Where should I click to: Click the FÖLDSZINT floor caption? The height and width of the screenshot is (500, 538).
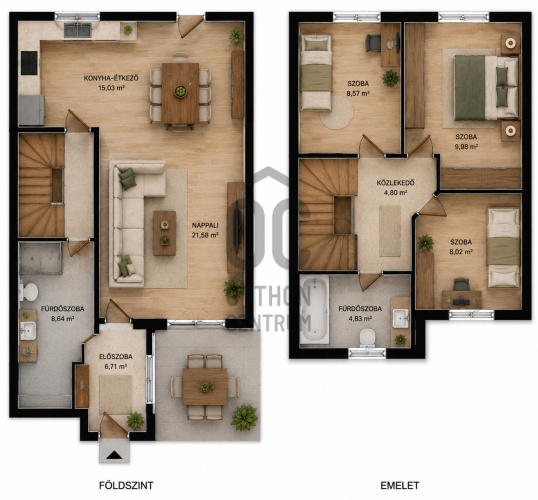[x=126, y=486]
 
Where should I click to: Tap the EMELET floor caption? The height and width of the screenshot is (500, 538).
[x=400, y=486]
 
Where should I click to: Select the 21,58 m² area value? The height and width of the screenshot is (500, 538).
[x=205, y=235]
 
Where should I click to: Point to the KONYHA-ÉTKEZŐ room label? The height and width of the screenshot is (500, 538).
[x=111, y=78]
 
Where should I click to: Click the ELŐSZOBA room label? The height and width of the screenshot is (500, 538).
[x=116, y=357]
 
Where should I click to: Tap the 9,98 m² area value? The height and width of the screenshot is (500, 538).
[x=466, y=147]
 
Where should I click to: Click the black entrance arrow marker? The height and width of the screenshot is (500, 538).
[x=114, y=455]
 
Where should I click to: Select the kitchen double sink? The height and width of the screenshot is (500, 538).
[x=78, y=30]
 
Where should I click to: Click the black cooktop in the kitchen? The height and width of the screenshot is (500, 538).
[x=29, y=63]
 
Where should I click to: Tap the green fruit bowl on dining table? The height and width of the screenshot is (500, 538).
[x=180, y=91]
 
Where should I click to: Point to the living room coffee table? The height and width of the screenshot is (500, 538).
[x=165, y=233]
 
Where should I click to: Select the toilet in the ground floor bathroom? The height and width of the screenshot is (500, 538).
[x=28, y=292]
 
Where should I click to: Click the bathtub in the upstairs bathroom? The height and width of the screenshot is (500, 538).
[x=314, y=310]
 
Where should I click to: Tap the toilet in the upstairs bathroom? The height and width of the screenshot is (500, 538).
[x=367, y=338]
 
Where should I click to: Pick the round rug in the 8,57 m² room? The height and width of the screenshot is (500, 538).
[x=338, y=113]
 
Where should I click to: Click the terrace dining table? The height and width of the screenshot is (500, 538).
[x=205, y=387]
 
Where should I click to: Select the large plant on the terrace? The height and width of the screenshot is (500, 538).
[x=244, y=418]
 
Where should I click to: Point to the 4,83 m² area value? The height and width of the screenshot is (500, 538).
[x=360, y=318]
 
